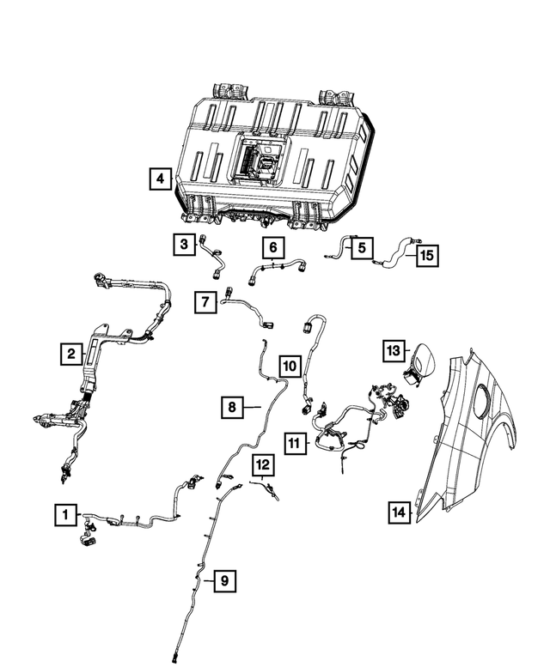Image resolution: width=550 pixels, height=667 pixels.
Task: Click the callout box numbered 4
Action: pyautogui.click(x=158, y=179)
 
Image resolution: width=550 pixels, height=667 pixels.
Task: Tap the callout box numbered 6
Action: pyautogui.click(x=272, y=249)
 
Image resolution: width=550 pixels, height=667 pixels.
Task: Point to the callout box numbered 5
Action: pyautogui.click(x=361, y=247)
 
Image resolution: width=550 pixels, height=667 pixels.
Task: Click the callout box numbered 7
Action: pyautogui.click(x=205, y=302)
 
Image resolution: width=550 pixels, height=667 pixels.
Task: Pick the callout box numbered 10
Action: pyautogui.click(x=290, y=367)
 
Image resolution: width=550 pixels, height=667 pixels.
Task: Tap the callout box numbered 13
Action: pyautogui.click(x=393, y=351)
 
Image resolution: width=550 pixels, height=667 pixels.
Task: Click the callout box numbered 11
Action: pyautogui.click(x=295, y=443)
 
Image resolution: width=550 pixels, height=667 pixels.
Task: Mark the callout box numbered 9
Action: pyautogui.click(x=223, y=581)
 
